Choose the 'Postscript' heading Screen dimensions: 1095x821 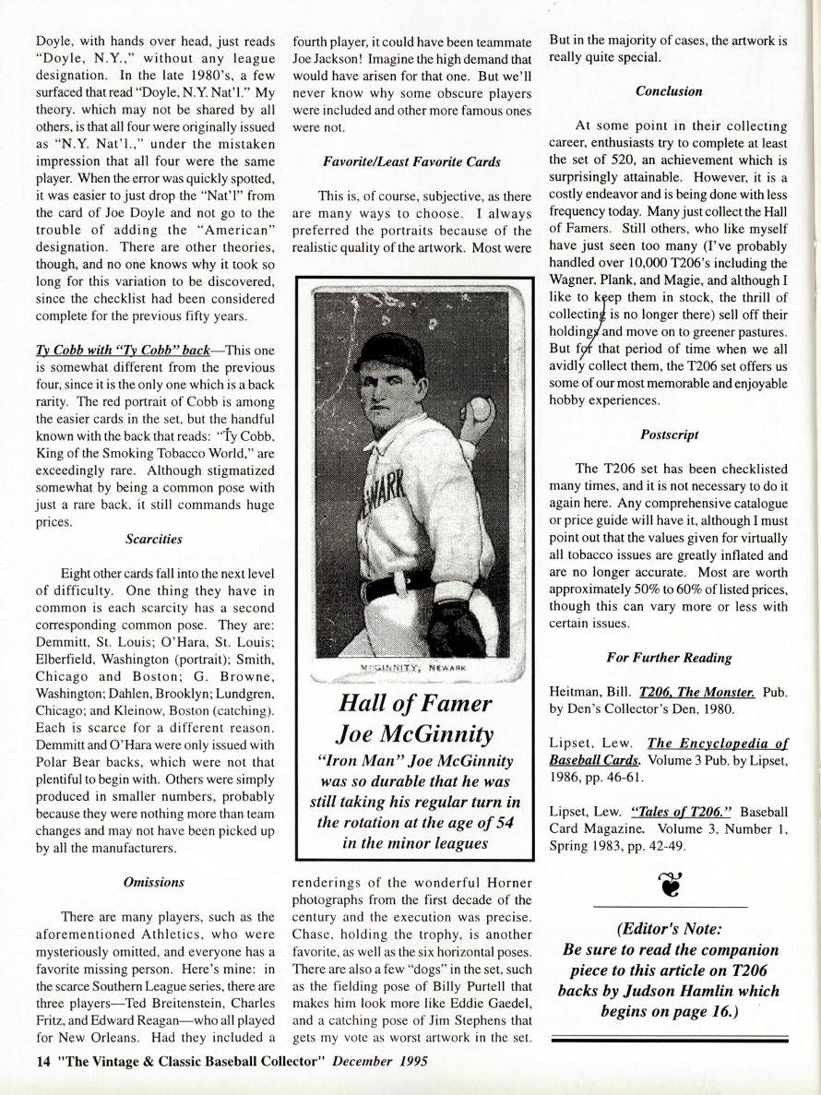click(x=669, y=433)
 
